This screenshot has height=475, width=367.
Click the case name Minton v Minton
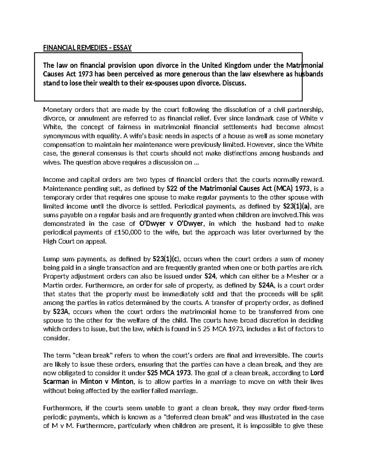107,382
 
